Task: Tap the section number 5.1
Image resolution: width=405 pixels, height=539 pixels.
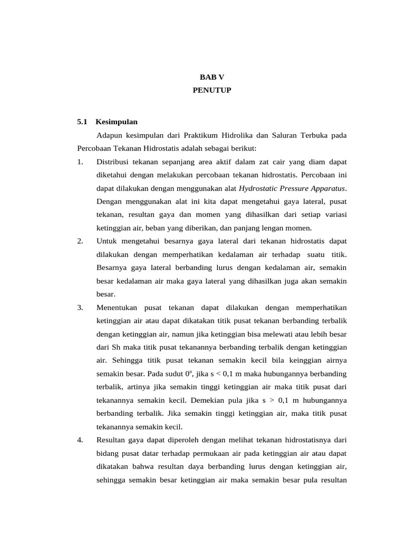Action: [x=81, y=122]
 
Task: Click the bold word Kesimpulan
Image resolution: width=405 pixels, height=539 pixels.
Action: [x=117, y=122]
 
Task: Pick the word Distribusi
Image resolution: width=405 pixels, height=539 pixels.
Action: [x=113, y=161]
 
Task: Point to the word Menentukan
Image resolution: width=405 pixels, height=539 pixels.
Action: [x=118, y=307]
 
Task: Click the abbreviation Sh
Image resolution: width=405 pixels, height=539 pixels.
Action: [x=117, y=347]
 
